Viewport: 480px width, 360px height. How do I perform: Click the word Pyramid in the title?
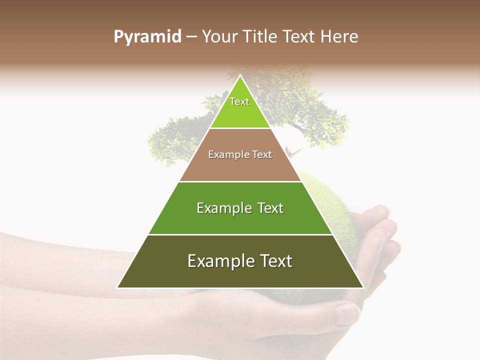(x=147, y=37)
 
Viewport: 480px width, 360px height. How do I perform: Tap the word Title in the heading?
(x=261, y=37)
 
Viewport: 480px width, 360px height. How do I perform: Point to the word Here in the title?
(x=339, y=37)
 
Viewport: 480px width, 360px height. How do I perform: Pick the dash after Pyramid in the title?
(x=191, y=37)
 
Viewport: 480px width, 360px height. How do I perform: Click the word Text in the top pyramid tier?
(x=239, y=101)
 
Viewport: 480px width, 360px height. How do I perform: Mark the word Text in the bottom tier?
(x=275, y=261)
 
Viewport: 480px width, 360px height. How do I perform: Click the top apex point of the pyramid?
(x=240, y=75)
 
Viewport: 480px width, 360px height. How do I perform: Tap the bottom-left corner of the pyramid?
(x=117, y=287)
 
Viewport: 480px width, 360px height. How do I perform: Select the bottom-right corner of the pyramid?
(x=363, y=287)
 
